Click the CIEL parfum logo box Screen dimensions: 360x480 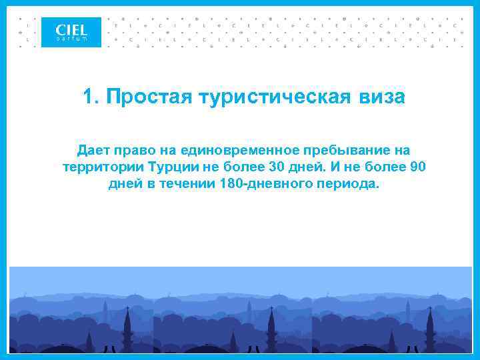coord(71,32)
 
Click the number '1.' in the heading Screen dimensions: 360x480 coord(91,97)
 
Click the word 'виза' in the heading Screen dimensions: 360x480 coord(382,97)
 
